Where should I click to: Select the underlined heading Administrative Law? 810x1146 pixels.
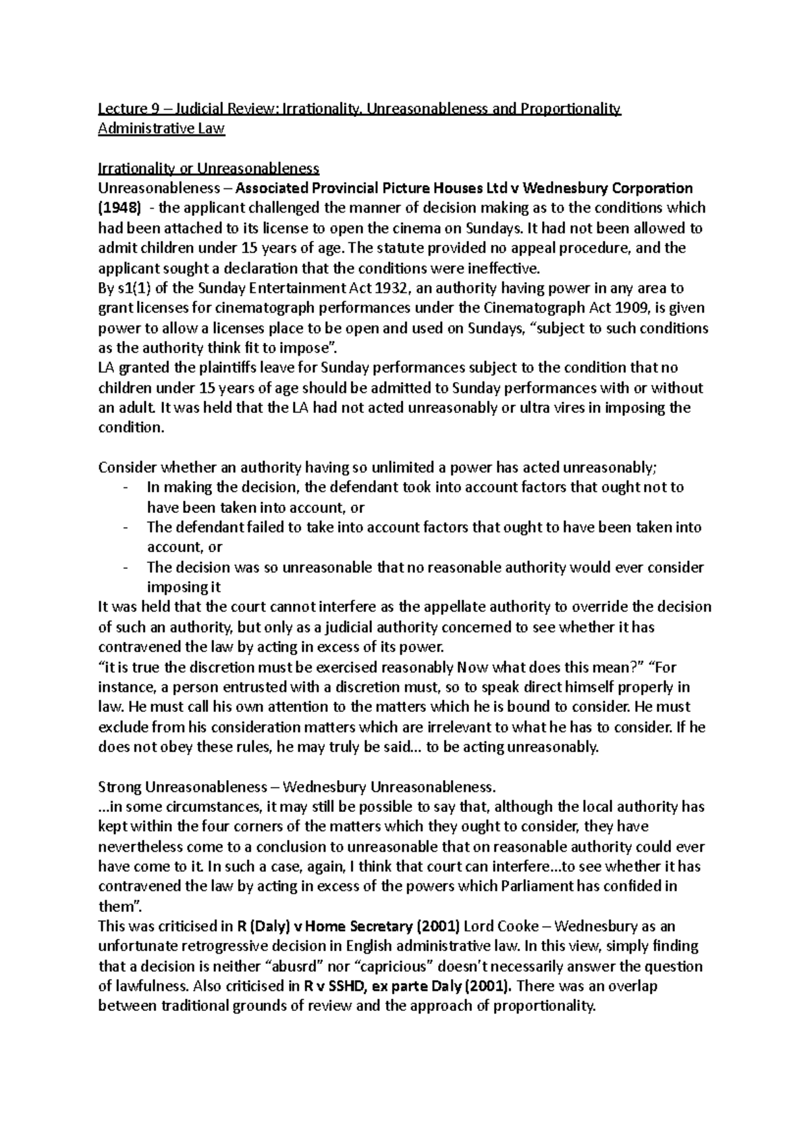click(161, 129)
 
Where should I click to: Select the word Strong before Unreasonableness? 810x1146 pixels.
click(119, 787)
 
